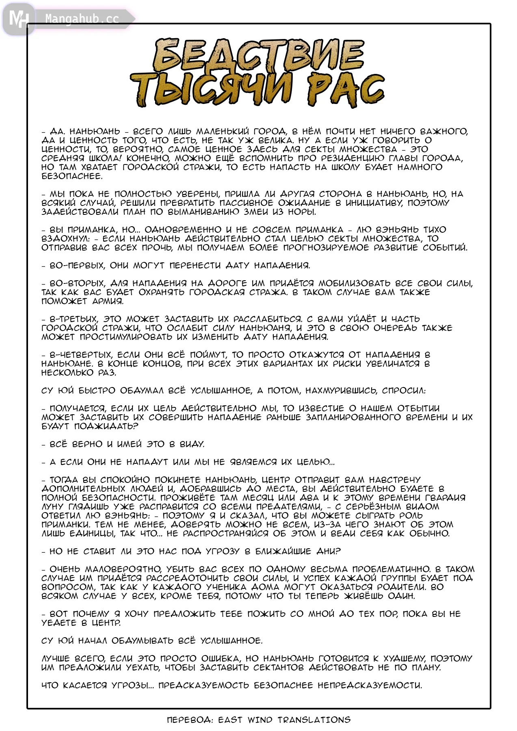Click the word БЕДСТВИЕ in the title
point(258,56)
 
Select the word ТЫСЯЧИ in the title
point(212,90)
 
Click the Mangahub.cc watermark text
point(82,19)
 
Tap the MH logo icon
point(19,19)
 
